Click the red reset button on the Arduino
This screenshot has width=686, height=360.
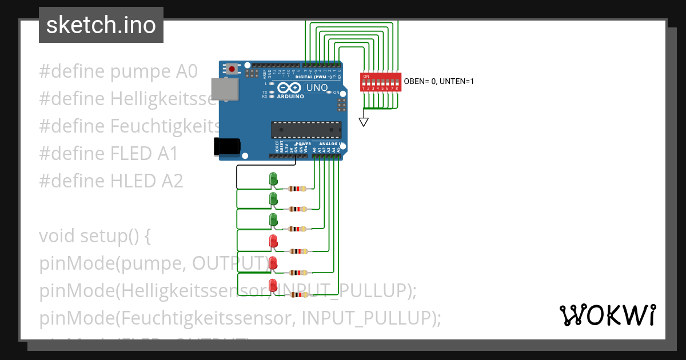pos(232,69)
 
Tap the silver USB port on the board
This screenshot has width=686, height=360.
pos(225,89)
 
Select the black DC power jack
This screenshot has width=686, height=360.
pos(226,146)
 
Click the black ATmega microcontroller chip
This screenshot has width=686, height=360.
pos(306,130)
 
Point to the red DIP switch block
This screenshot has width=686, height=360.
pos(380,82)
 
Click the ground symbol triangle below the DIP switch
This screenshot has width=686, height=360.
pos(364,122)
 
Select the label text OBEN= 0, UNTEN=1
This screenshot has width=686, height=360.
pos(439,82)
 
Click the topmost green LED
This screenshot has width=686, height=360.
pos(273,179)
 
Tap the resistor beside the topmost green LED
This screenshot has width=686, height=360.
pos(298,189)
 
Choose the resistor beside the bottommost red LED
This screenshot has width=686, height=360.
pos(298,295)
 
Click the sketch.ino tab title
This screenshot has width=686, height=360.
pos(101,25)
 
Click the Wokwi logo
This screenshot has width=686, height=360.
pos(607,315)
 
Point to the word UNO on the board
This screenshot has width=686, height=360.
pos(317,88)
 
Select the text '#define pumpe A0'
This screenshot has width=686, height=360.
pos(118,71)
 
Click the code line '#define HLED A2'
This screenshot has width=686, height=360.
pos(111,181)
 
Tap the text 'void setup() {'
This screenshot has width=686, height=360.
pos(95,236)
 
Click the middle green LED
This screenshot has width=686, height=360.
pos(273,199)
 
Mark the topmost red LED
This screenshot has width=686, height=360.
pos(273,242)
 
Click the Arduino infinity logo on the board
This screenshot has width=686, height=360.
pos(290,88)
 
